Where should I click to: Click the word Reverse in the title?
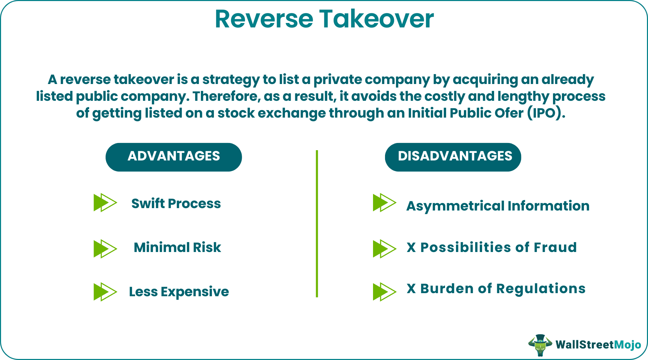264,19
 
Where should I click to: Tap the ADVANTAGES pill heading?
173,157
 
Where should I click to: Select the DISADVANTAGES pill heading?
453,157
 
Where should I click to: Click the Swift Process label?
176,204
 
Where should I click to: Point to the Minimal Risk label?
177,248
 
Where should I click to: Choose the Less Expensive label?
179,292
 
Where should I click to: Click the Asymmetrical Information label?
497,206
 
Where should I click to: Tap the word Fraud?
555,248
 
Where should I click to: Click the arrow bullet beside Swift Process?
105,203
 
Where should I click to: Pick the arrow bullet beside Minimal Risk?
105,249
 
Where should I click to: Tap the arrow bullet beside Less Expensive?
105,292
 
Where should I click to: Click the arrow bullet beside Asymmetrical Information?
384,203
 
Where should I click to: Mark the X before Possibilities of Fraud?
411,248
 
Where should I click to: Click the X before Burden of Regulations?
411,289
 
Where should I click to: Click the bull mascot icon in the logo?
540,345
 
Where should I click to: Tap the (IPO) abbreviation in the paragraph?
546,113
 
